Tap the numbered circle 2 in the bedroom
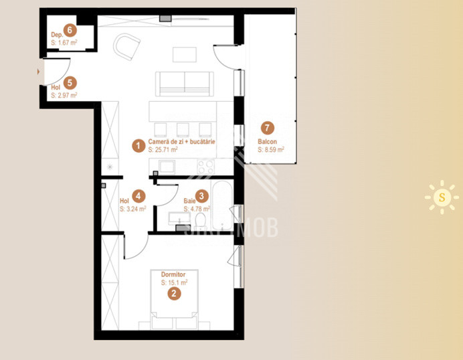pos(173,292)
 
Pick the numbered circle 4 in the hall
pos(138,196)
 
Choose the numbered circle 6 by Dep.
pos(70,29)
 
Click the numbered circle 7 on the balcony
pos(268,127)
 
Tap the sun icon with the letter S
pos(442,197)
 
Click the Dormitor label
pos(173,274)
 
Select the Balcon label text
pos(268,142)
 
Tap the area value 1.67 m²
pos(66,42)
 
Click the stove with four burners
pos(206,165)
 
